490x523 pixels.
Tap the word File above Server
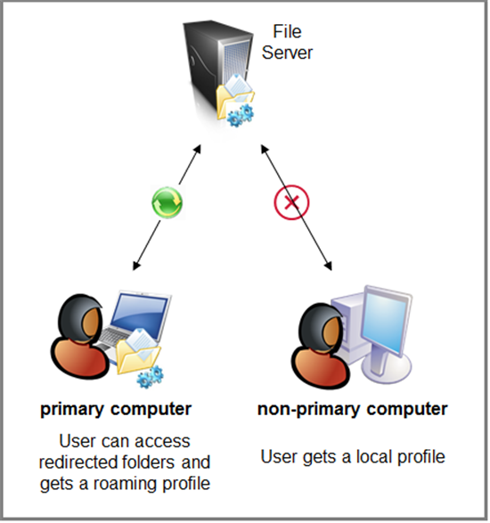(x=287, y=32)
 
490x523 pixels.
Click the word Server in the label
(x=287, y=53)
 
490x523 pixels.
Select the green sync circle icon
(x=167, y=203)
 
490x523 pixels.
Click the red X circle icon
(x=291, y=202)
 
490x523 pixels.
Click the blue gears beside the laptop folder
(x=151, y=377)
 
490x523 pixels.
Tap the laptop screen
(x=140, y=313)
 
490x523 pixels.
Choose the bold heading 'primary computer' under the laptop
(x=116, y=410)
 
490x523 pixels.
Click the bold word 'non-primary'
(x=310, y=410)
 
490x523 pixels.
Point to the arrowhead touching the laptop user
(x=136, y=266)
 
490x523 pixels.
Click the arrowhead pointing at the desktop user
(x=328, y=266)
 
